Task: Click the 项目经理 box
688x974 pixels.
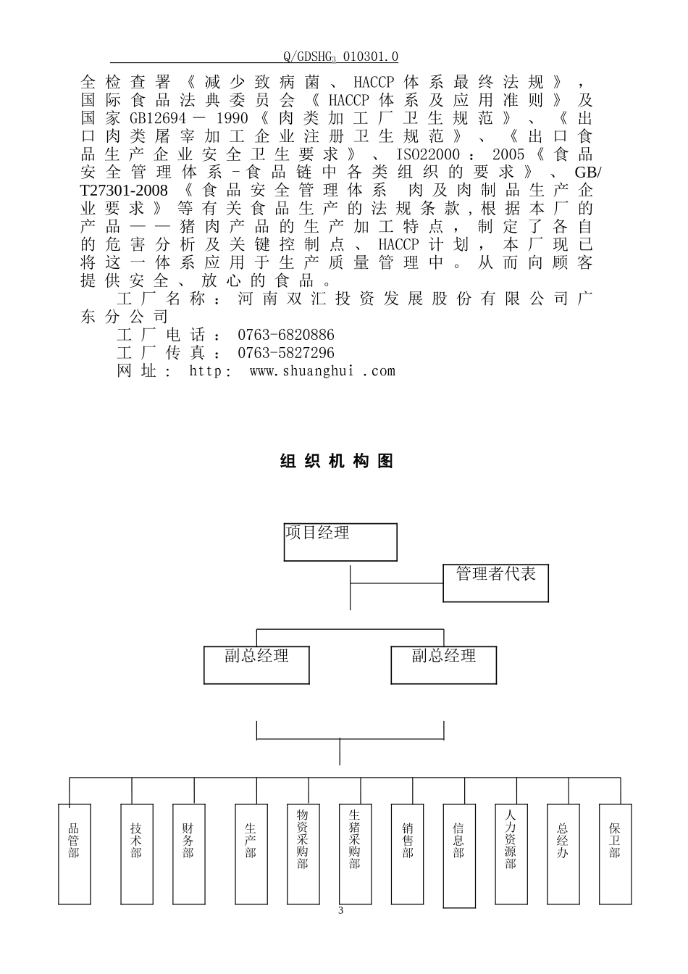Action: pyautogui.click(x=340, y=542)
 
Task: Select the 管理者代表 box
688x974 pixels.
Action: pyautogui.click(x=495, y=583)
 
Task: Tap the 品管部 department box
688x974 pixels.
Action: pyautogui.click(x=74, y=853)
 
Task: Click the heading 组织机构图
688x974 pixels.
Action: pyautogui.click(x=337, y=462)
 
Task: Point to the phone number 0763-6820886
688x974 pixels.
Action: pyautogui.click(x=286, y=335)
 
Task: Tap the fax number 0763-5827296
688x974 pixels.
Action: pyautogui.click(x=286, y=353)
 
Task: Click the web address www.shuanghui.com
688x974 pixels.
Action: pyautogui.click(x=322, y=371)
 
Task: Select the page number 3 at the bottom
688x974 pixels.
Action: pyautogui.click(x=341, y=910)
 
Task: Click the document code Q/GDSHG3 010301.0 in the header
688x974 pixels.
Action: pyautogui.click(x=341, y=57)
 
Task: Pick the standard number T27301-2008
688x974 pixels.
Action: pyautogui.click(x=124, y=191)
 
